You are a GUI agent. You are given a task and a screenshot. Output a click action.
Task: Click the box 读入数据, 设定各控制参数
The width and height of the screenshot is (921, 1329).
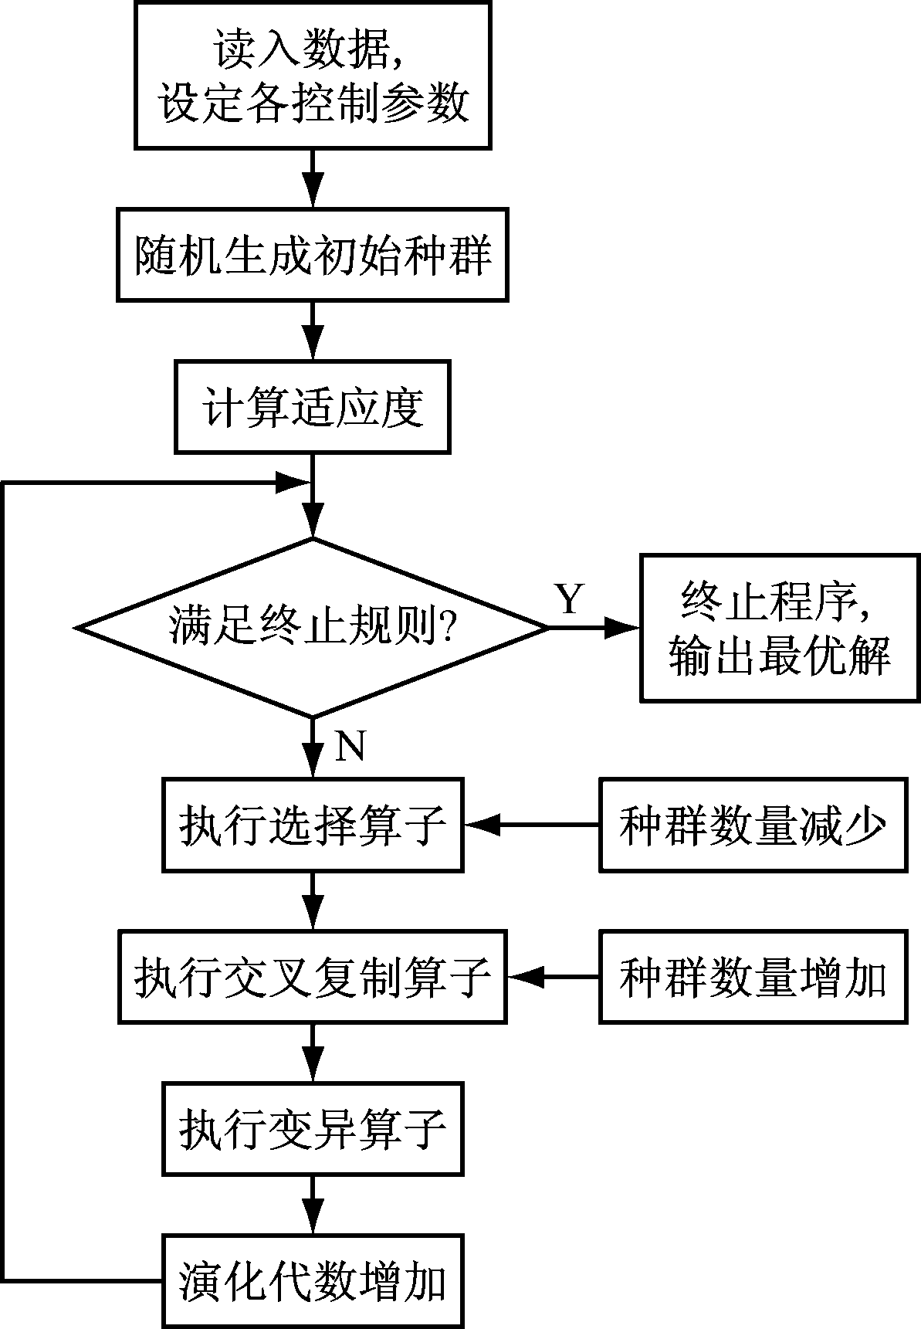coord(313,75)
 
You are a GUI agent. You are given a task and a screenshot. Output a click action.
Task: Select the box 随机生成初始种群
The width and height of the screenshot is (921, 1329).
coord(313,254)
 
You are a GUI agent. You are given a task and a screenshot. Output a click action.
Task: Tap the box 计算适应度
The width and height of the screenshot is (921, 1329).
coord(313,407)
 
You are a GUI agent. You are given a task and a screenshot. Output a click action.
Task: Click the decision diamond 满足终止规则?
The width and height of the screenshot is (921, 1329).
coord(313,627)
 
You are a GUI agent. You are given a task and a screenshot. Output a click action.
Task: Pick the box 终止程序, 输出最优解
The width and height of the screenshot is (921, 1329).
coord(780,627)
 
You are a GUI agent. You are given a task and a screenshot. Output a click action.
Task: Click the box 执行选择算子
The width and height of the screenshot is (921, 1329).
coord(313,825)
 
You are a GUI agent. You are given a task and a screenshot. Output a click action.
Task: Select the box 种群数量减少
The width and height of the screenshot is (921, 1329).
coord(753,825)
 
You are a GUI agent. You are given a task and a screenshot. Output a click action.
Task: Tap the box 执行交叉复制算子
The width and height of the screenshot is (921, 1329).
coord(313,977)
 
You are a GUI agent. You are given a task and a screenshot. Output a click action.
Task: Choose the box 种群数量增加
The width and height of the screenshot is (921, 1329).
coord(753,977)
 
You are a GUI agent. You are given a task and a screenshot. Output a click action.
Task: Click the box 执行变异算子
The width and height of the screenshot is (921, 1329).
coord(313,1128)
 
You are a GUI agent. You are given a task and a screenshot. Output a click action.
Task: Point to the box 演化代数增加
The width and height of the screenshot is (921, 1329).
coord(313,1281)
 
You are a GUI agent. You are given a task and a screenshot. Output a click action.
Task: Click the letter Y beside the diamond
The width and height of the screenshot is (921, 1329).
coord(570,598)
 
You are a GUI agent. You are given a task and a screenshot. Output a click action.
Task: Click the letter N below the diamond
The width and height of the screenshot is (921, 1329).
coord(350,746)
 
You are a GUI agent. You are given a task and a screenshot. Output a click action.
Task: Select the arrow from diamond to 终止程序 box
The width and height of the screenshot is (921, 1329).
coord(594,628)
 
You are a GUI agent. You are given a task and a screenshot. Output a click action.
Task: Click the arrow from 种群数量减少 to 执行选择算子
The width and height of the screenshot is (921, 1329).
coord(533,825)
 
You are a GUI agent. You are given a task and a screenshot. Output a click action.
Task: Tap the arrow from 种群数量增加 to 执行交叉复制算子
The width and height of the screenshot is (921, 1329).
coord(553,977)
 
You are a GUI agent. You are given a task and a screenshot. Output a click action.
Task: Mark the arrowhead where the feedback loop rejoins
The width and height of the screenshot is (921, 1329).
coord(294,483)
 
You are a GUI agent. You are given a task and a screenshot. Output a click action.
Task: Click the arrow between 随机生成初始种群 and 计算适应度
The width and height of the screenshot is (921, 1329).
coord(313,331)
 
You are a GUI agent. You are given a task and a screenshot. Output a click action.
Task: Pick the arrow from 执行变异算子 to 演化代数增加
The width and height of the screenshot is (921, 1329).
coord(313,1205)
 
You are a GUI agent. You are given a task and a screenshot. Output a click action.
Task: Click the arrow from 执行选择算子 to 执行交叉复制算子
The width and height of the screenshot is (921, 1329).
coord(313,900)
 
